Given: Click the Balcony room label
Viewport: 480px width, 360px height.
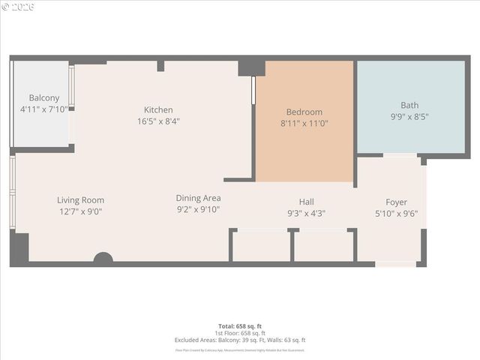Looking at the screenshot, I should (x=44, y=98).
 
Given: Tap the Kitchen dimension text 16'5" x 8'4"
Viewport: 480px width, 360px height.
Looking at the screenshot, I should (x=158, y=121).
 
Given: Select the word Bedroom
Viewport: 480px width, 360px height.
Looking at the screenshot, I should (x=304, y=112).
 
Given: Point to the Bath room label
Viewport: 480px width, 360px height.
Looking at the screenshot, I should (x=409, y=106).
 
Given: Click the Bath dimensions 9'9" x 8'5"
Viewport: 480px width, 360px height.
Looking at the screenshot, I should (x=409, y=117).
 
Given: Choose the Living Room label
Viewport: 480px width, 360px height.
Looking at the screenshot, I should (x=80, y=200).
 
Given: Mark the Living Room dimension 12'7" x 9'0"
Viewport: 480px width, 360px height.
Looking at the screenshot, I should (x=80, y=211).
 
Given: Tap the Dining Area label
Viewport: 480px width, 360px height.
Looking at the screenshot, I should (x=198, y=198).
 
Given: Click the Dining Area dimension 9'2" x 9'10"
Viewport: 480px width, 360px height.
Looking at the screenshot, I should (x=198, y=209).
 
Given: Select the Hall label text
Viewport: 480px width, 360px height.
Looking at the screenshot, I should (x=306, y=202).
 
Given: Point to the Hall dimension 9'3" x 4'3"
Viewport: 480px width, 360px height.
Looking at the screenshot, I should (x=306, y=213).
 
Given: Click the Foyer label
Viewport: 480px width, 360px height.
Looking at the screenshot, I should (x=396, y=202).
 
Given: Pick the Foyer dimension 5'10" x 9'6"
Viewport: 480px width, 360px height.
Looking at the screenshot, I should (x=396, y=213).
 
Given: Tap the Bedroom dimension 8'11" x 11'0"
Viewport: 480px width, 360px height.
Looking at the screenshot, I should (x=304, y=124).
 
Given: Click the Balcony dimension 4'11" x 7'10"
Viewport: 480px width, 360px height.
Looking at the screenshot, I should (x=44, y=109).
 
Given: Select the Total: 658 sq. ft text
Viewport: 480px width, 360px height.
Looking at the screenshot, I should (x=240, y=326).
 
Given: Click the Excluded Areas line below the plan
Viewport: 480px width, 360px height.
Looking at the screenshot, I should (x=240, y=340).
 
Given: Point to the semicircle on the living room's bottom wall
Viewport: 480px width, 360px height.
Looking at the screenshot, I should (x=103, y=258).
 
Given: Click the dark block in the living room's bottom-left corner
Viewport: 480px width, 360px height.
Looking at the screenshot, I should (x=20, y=247).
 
